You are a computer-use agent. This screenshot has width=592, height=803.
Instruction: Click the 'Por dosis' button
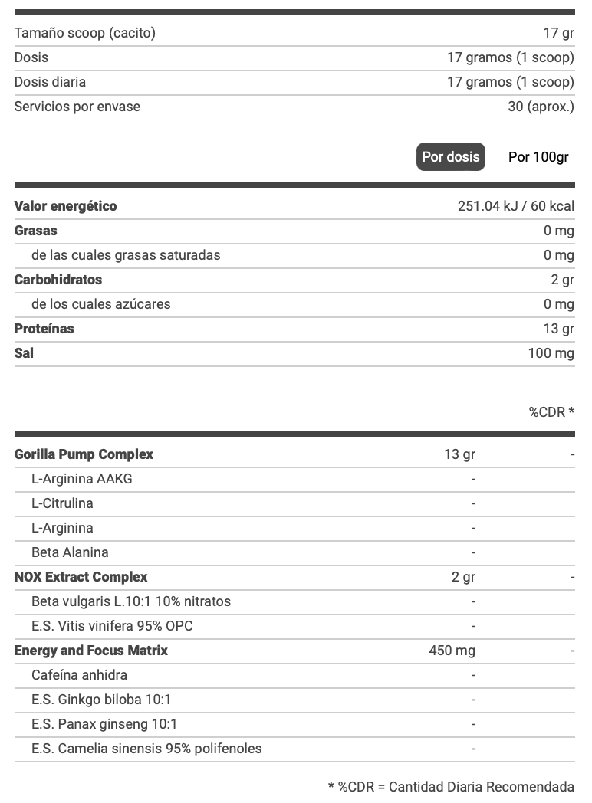tap(451, 157)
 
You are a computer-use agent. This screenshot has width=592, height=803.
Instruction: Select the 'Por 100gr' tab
tap(538, 157)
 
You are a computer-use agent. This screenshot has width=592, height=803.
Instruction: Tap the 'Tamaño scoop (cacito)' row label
tap(85, 33)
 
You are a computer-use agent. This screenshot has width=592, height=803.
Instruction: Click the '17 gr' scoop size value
tap(558, 33)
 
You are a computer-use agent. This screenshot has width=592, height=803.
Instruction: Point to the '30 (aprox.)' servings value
tap(541, 107)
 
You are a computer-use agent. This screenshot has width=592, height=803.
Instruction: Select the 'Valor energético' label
tap(66, 206)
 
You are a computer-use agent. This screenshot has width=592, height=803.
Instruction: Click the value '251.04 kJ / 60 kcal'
tap(515, 206)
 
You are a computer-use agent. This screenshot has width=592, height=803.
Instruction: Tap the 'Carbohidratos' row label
tap(58, 280)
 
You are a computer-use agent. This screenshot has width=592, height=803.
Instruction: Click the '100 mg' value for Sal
tap(551, 353)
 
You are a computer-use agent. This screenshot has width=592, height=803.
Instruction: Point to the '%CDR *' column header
tap(551, 412)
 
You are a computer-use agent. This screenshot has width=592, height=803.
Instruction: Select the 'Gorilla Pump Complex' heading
tap(84, 454)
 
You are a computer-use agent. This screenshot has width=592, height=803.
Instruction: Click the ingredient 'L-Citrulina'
tap(62, 503)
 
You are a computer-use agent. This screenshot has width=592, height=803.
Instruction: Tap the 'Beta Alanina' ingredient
tap(70, 552)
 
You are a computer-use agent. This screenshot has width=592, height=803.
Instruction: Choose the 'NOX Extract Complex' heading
tap(81, 577)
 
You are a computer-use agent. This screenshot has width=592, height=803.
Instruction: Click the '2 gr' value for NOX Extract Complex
tap(463, 577)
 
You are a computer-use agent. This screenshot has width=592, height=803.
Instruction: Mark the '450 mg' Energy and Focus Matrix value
tap(452, 651)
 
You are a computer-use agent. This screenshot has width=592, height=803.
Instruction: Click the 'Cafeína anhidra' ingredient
tap(79, 675)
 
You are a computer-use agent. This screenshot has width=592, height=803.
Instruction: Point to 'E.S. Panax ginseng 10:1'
tap(104, 724)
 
